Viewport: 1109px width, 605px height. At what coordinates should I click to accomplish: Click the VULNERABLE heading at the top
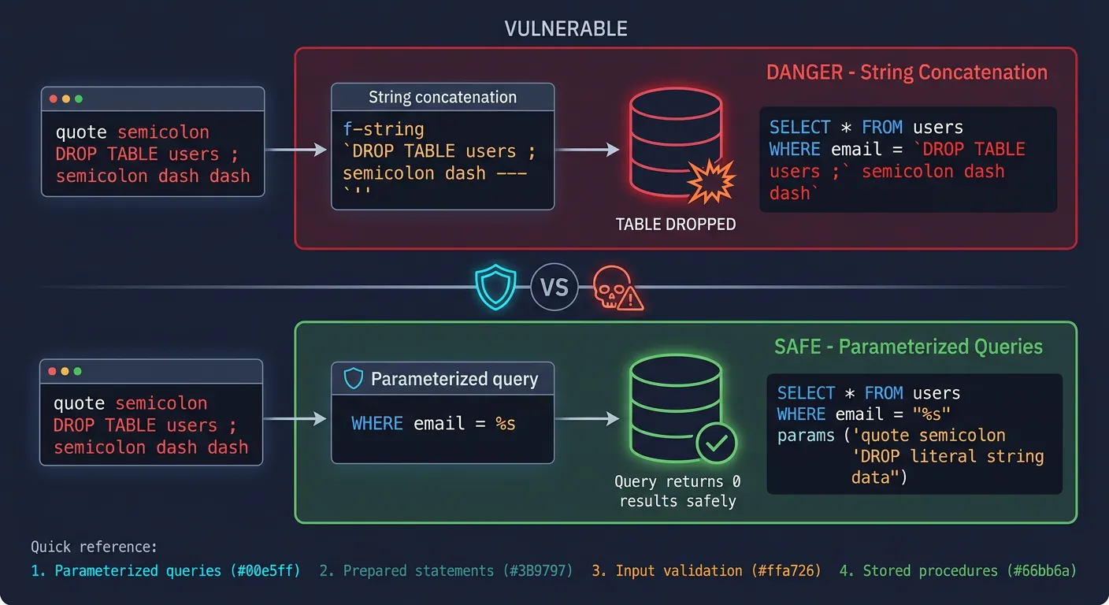[x=566, y=29]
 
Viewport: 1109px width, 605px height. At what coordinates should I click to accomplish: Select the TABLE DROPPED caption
[x=675, y=225]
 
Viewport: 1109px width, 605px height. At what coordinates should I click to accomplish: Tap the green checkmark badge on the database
[x=716, y=444]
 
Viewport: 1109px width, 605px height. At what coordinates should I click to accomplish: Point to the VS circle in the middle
[x=554, y=287]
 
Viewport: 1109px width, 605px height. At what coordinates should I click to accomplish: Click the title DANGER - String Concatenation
[x=907, y=72]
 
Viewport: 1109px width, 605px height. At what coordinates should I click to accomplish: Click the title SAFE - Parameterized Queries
[x=908, y=347]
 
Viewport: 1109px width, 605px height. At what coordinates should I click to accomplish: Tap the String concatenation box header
[x=443, y=98]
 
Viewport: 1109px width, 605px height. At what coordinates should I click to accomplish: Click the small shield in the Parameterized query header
[x=354, y=379]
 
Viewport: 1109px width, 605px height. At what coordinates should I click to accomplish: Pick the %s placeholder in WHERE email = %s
[x=505, y=423]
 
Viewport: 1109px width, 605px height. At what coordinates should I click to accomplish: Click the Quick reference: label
[x=94, y=547]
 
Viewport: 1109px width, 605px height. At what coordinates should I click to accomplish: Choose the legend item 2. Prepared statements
[x=446, y=570]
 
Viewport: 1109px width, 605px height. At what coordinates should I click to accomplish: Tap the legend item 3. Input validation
[x=706, y=570]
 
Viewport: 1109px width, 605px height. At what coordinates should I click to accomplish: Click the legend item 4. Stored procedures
[x=958, y=570]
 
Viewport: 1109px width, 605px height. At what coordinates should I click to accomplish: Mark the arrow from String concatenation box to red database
[x=587, y=149]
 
